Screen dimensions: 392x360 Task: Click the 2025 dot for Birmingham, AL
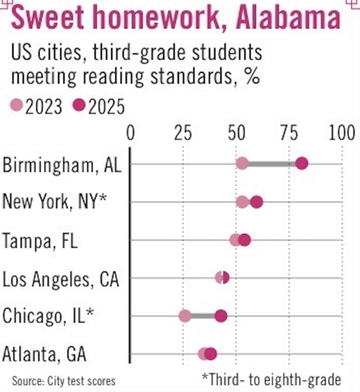coord(302,164)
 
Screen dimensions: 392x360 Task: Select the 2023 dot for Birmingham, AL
coord(242,164)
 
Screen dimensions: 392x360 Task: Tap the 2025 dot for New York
coord(257,202)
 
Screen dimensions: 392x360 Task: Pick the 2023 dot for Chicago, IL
coord(185,316)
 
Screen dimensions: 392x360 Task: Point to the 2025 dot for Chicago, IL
coord(221,316)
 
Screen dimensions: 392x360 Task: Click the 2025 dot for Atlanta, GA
coord(211,354)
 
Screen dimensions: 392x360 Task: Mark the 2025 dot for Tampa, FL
coord(244,240)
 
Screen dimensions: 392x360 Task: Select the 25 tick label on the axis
coord(183,133)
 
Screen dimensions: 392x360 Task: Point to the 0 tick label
coord(130,133)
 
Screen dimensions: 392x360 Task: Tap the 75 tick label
coord(289,133)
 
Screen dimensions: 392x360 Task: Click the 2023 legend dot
coord(17,106)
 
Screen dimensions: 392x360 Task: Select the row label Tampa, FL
coord(40,241)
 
